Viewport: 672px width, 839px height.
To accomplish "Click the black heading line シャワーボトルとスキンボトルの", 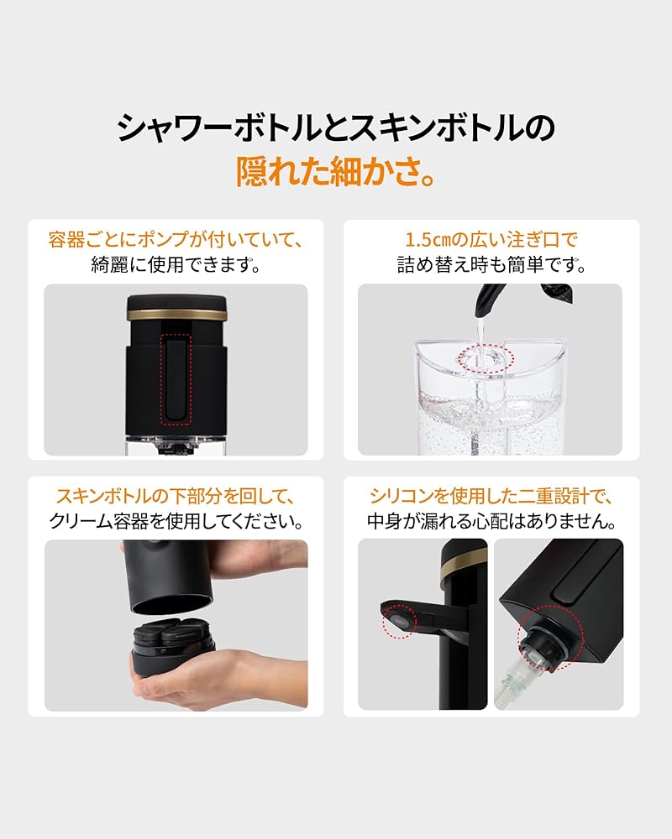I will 336,128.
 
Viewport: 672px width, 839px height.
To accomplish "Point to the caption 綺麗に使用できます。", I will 176,266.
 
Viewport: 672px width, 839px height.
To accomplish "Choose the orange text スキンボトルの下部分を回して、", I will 176,497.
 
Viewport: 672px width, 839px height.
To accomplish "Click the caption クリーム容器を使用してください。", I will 176,522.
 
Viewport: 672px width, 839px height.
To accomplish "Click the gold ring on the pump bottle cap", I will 176,315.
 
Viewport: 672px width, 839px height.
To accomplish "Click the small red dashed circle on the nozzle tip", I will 399,623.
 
